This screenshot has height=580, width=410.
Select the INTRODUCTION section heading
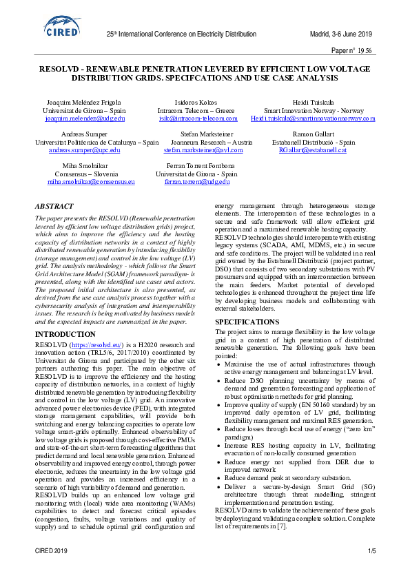65,334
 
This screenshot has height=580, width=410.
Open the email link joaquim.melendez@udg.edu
85,118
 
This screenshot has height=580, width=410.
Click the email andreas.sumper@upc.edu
84,149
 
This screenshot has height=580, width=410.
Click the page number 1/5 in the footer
371,551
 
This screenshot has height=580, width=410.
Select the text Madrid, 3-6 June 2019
342,34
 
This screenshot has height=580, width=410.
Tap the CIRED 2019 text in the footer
51,551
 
